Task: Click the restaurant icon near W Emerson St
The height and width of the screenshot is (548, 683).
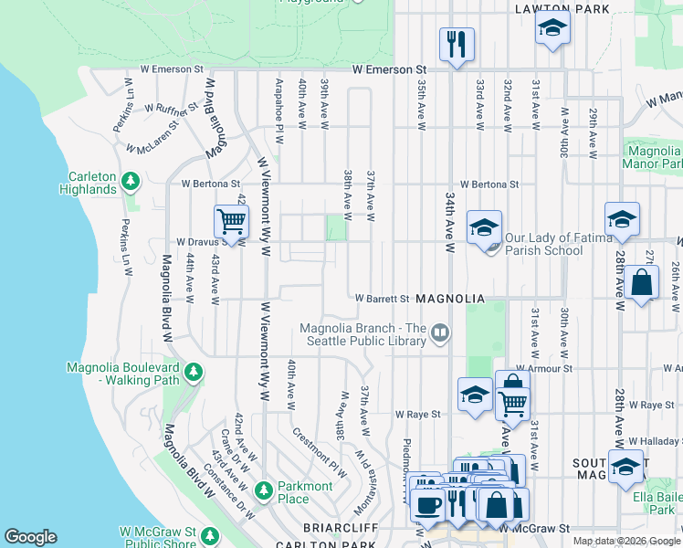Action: [x=455, y=44]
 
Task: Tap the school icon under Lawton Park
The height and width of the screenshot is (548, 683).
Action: [x=552, y=29]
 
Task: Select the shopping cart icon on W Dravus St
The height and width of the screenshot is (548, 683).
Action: [x=231, y=221]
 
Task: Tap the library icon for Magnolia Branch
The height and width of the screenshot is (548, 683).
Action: [x=440, y=333]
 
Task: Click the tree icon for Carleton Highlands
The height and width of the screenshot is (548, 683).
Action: [x=131, y=181]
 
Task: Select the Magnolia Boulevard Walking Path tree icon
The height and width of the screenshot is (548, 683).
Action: [x=193, y=372]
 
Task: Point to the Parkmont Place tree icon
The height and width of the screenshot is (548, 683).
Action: [x=264, y=490]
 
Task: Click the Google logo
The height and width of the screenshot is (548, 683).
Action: [x=30, y=537]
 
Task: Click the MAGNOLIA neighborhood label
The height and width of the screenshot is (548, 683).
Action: [x=447, y=299]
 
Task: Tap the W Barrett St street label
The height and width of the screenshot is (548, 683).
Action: [x=382, y=299]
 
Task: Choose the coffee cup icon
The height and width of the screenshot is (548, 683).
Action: [x=426, y=503]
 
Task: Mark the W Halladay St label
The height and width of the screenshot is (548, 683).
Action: [x=654, y=440]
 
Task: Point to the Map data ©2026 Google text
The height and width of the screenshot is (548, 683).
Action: [x=625, y=541]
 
